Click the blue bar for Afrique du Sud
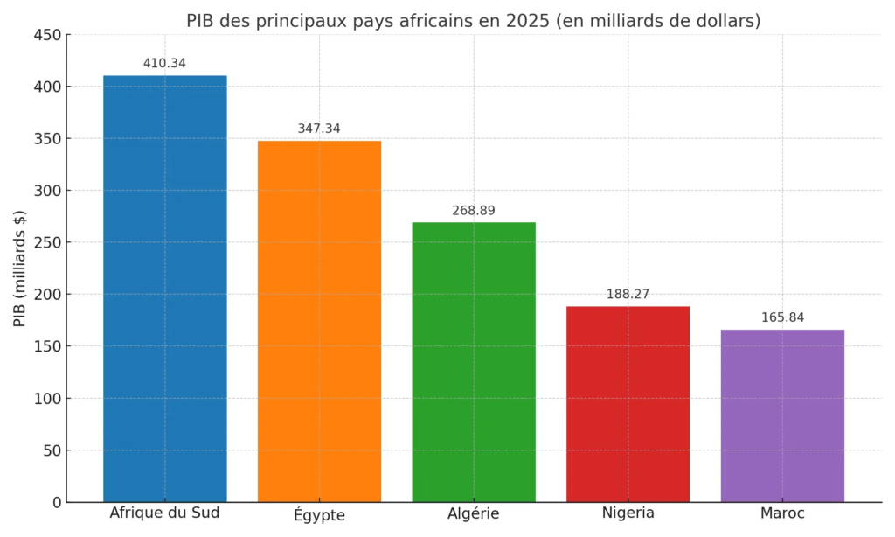(164, 289)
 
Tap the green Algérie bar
(474, 362)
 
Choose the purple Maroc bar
(782, 415)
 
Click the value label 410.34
(164, 64)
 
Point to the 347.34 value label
(319, 129)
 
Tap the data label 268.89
(474, 211)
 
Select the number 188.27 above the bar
(628, 295)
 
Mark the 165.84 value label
(782, 317)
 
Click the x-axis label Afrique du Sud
(164, 513)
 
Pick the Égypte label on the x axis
(319, 515)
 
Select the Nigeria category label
(628, 513)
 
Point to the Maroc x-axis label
(782, 513)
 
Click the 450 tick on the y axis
(47, 35)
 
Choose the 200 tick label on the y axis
(47, 295)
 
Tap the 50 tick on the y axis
(52, 450)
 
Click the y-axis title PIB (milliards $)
(20, 268)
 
